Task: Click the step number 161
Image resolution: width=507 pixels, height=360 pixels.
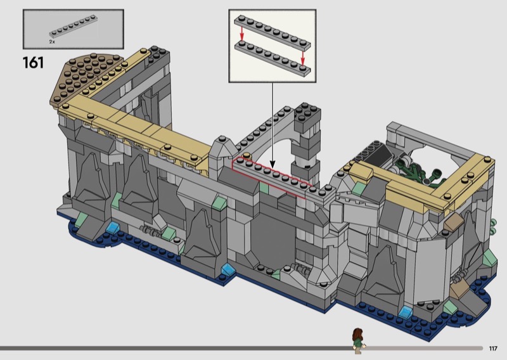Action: tap(33, 62)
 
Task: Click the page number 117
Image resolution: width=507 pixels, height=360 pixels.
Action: tap(493, 349)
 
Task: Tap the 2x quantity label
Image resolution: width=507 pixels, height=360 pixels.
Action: tap(52, 42)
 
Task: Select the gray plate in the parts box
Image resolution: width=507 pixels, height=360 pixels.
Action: tap(74, 27)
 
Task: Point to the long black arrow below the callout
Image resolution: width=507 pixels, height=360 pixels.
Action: tap(273, 125)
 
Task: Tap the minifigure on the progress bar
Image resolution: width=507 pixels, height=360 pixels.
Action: tap(357, 340)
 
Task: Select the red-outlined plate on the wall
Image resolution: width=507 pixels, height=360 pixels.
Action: tap(273, 178)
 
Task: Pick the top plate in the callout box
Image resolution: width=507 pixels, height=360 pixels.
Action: tap(273, 32)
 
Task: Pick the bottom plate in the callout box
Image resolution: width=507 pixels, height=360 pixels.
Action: tap(273, 58)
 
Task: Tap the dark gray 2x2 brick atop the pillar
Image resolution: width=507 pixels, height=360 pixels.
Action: tap(307, 117)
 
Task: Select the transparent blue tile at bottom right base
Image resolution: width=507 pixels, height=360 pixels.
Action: tap(406, 312)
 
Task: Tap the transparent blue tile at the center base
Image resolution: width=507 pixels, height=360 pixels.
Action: tap(228, 269)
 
